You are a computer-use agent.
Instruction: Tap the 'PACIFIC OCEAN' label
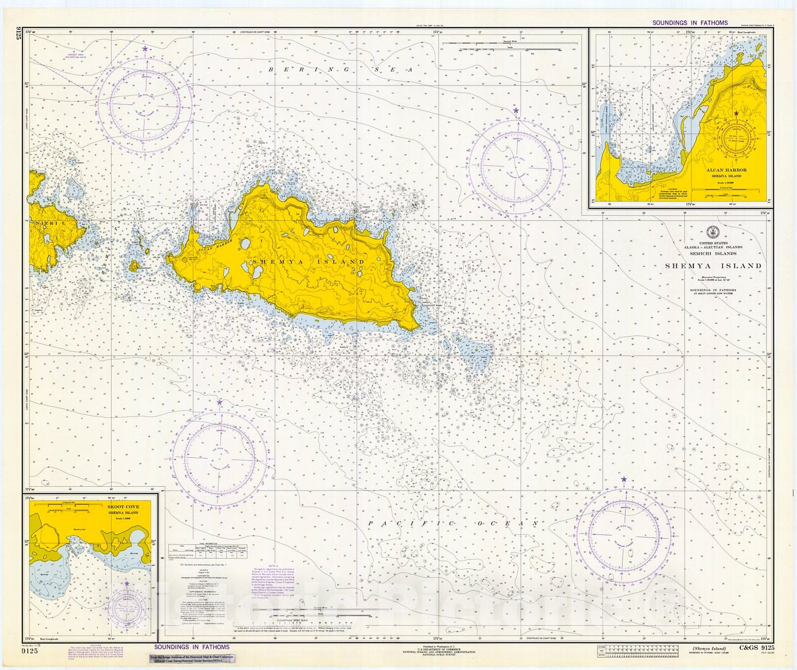453,524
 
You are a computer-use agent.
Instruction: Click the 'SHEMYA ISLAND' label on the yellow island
308,262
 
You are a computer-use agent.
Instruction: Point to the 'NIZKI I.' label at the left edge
50,224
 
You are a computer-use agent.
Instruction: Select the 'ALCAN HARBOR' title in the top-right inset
726,170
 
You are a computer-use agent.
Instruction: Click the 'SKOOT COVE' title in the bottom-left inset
123,507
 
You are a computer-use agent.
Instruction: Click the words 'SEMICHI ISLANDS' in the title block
713,254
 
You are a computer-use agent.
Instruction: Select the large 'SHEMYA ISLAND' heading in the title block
713,266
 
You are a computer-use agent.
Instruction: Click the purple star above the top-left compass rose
145,49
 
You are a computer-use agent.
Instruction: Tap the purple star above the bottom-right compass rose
624,479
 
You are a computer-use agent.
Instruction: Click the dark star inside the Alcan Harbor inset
736,114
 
